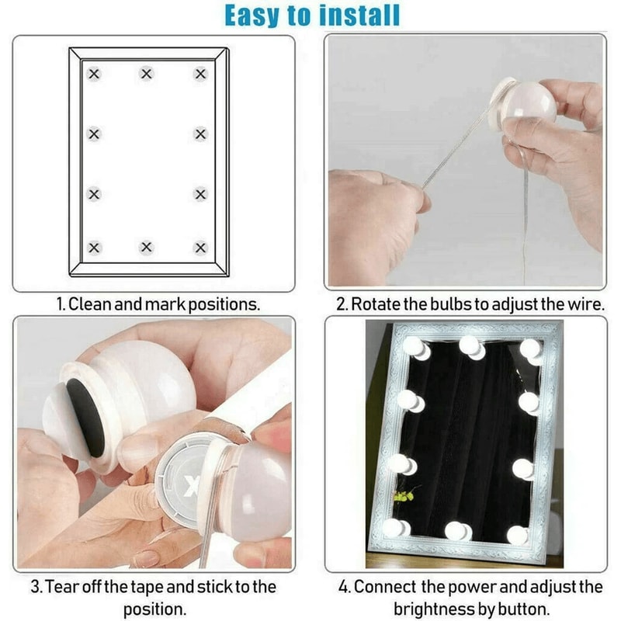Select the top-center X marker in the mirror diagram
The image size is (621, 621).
coord(147,75)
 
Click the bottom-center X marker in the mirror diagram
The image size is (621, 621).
coord(147,248)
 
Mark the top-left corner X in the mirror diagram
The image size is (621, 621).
coord(94,75)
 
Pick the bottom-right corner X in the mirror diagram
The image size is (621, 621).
coord(200,248)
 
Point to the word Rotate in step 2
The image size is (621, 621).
coord(377,304)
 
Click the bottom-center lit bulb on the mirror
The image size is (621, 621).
coord(458,531)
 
